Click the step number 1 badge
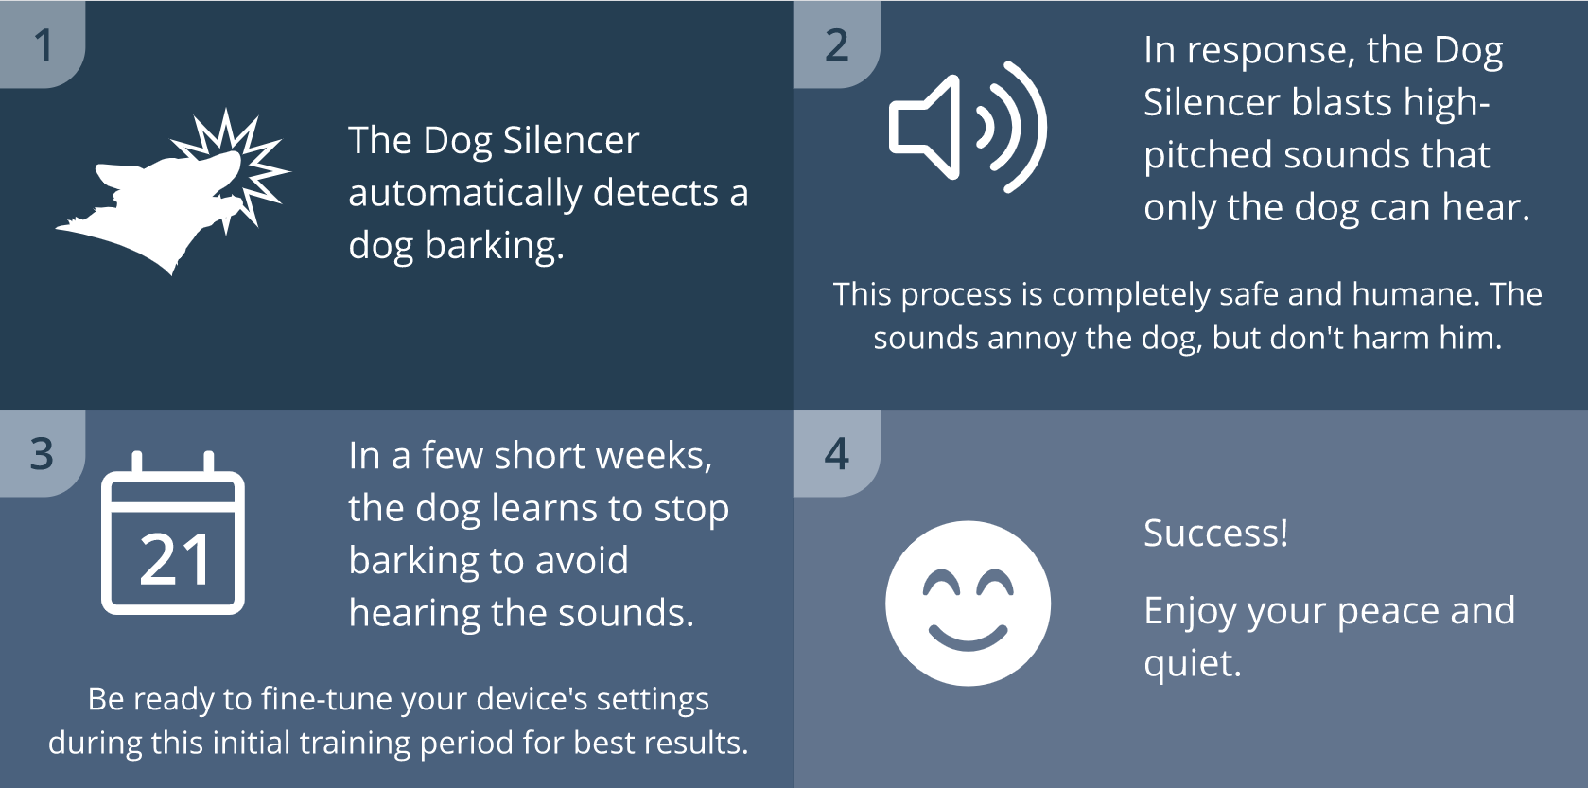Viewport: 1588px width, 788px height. (43, 44)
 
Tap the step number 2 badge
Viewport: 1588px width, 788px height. (837, 44)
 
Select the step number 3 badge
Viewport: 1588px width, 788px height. (43, 454)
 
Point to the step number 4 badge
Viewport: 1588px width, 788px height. (837, 454)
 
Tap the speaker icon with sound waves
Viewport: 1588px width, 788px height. (967, 127)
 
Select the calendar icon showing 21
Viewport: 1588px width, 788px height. (173, 534)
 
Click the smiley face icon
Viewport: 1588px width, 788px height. (968, 604)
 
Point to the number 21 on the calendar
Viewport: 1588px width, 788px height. (175, 560)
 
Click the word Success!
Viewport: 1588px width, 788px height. (1215, 534)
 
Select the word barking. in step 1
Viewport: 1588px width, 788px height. (494, 246)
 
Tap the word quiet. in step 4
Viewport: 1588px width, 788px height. (1192, 663)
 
